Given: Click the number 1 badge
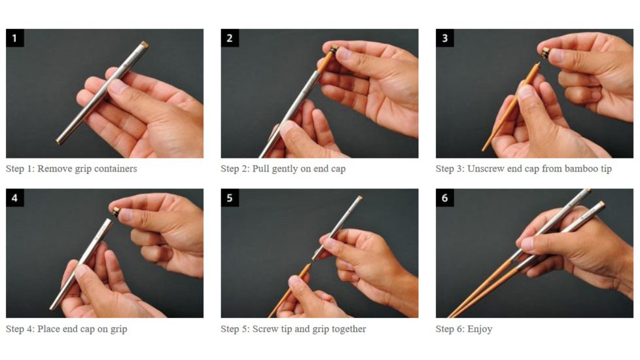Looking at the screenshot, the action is (14, 38).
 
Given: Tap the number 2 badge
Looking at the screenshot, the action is (230, 38).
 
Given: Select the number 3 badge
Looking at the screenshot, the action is (445, 38).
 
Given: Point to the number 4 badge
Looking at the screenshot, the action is (14, 198).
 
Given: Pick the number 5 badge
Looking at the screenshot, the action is (230, 198).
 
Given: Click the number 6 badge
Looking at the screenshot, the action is (445, 198).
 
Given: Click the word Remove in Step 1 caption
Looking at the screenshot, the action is (54, 169).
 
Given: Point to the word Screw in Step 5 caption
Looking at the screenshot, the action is (265, 329).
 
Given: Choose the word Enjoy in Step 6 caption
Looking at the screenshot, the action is (480, 329).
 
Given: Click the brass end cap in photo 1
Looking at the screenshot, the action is (145, 45).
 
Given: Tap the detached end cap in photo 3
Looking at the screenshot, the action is (545, 52).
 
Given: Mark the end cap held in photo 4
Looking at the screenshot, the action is (116, 211).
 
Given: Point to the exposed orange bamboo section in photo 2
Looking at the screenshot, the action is (325, 62).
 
